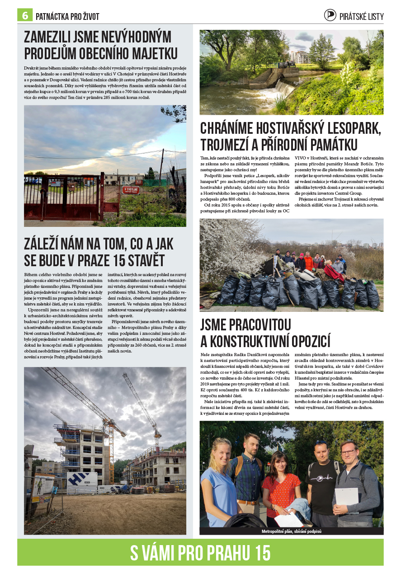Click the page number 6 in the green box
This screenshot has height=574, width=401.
click(x=25, y=15)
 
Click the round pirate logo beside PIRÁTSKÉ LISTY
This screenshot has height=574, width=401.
click(x=330, y=15)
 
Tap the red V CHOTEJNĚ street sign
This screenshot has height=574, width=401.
click(x=131, y=190)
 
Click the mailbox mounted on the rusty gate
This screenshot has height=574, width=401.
click(x=71, y=186)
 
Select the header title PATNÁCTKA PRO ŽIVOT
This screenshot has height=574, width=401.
click(x=67, y=17)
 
